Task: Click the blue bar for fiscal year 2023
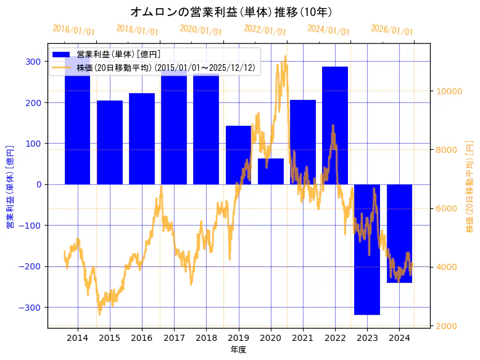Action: (367, 249)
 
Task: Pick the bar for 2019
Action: (238, 155)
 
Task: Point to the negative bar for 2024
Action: (399, 233)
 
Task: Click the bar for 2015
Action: (110, 142)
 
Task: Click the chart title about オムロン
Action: (232, 12)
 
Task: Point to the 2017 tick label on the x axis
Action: (174, 338)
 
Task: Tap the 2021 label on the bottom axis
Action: (303, 338)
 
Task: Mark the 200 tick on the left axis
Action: (35, 102)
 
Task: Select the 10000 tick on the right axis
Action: (449, 91)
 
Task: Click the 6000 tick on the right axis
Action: (447, 208)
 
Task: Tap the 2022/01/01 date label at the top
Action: (265, 30)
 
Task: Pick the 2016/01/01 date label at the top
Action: (74, 30)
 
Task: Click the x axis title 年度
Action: (238, 350)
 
